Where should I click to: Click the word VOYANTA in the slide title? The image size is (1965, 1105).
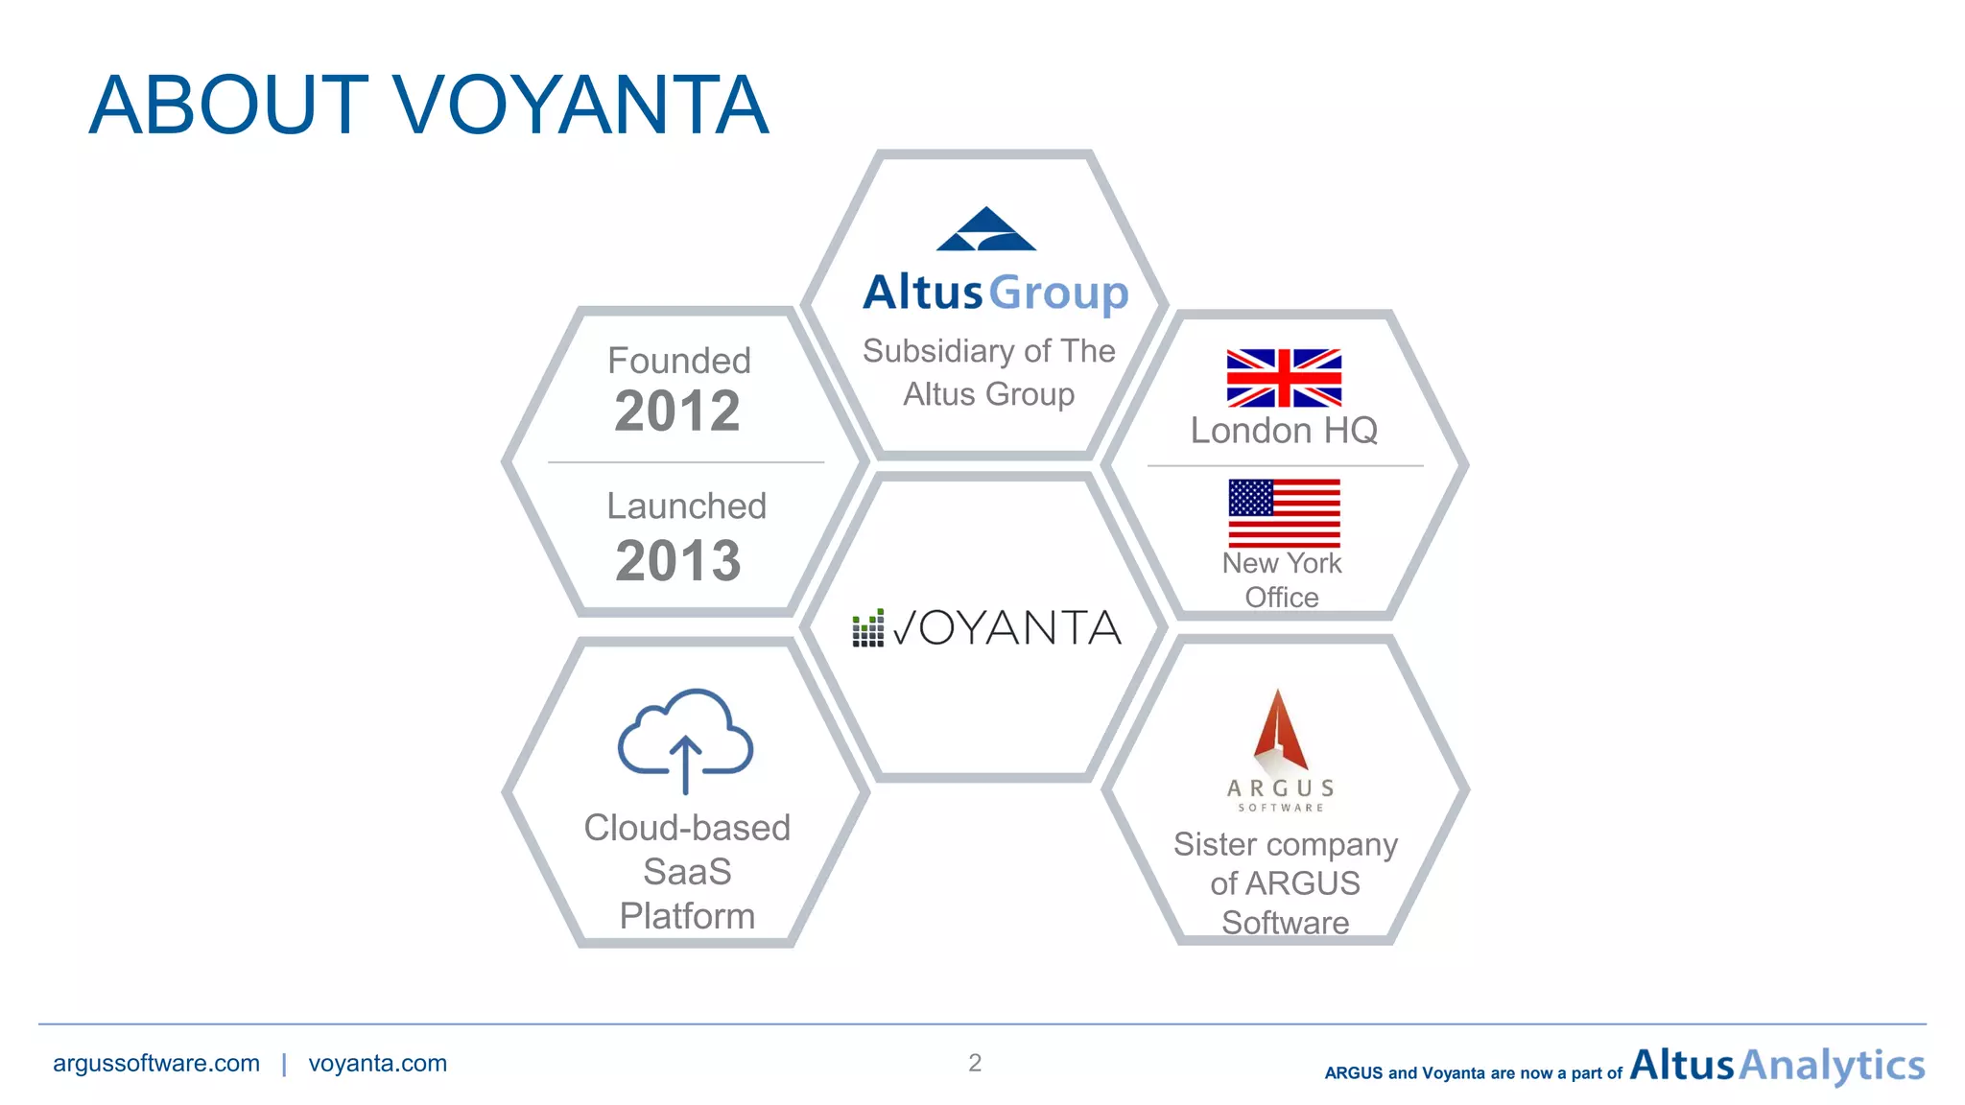(580, 106)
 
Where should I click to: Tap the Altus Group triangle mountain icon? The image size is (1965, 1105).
(985, 230)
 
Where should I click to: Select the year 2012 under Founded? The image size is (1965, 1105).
(677, 411)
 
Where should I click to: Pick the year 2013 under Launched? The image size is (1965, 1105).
(678, 561)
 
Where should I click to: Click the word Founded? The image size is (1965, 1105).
(679, 361)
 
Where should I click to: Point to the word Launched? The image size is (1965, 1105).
(686, 505)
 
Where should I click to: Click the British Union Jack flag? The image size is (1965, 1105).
(1284, 378)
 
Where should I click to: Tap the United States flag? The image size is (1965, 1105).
(1284, 513)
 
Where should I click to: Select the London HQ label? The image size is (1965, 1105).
(1284, 431)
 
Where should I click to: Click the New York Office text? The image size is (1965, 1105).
(1282, 579)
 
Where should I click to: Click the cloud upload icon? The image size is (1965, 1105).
(685, 739)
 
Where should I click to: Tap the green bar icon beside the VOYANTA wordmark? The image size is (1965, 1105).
(867, 628)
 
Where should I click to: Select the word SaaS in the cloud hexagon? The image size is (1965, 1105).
(687, 872)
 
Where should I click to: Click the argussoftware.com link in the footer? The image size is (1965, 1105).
(156, 1063)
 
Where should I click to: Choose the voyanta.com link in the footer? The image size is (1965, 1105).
(377, 1063)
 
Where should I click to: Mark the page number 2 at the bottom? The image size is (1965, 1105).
(975, 1063)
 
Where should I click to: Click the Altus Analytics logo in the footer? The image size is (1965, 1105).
(1777, 1066)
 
